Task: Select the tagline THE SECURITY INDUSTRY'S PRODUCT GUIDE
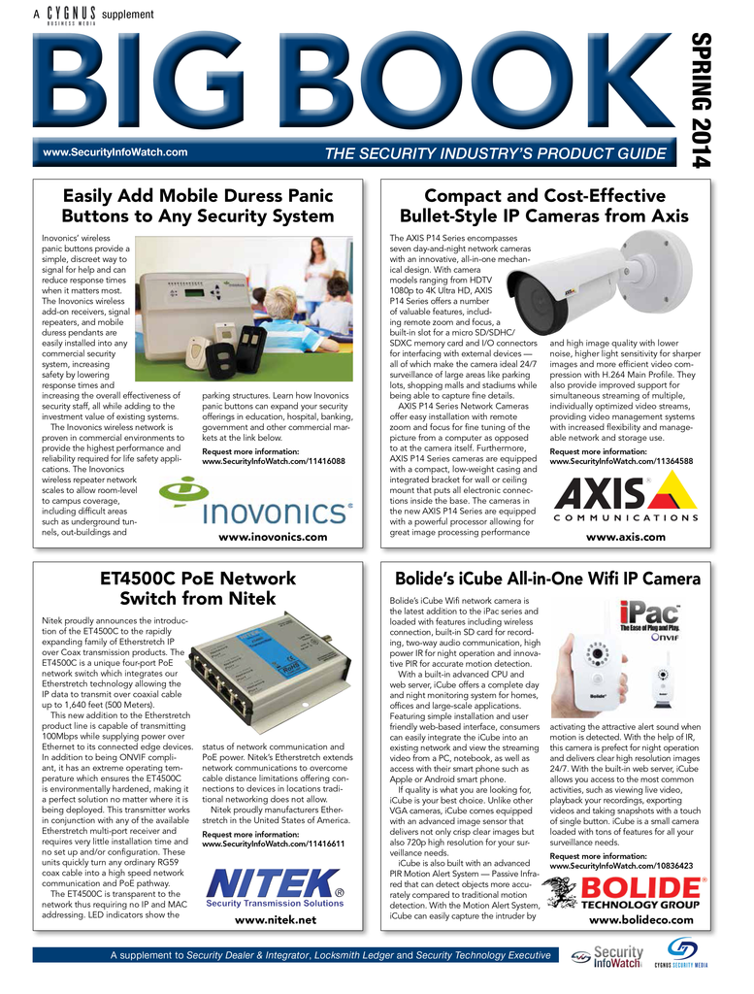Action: click(495, 153)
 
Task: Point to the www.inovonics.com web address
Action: click(273, 537)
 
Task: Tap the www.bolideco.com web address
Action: click(634, 919)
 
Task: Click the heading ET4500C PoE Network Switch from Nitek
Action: click(198, 588)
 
